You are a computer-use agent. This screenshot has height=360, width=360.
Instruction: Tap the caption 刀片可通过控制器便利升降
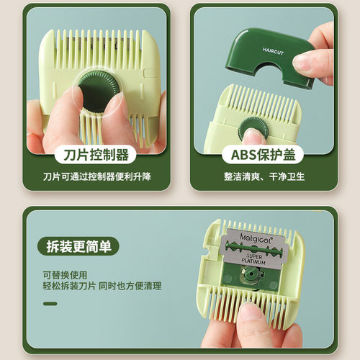click(95, 177)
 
